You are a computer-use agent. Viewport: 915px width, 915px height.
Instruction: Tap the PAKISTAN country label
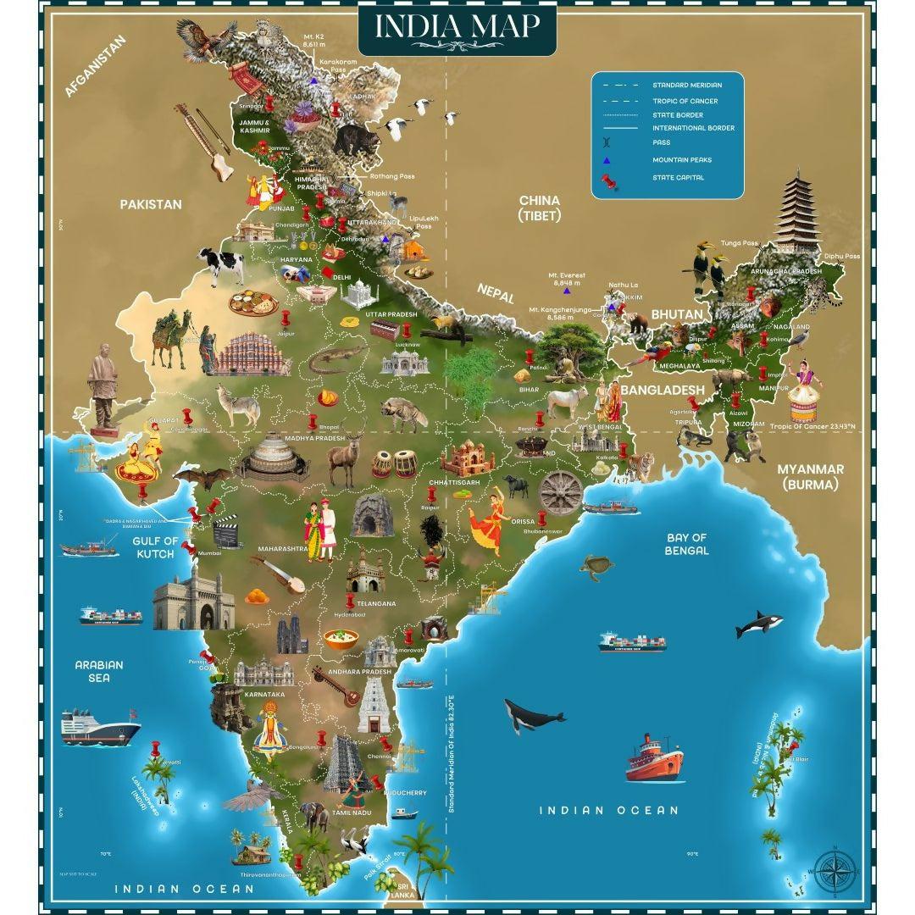(x=151, y=204)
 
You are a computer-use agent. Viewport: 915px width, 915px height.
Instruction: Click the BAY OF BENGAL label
(x=686, y=544)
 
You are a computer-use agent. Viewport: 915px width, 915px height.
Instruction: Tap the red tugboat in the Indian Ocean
(x=654, y=757)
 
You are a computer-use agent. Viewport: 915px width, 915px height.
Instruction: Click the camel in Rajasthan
(x=173, y=339)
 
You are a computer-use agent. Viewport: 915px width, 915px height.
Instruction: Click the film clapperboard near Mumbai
(x=226, y=533)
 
